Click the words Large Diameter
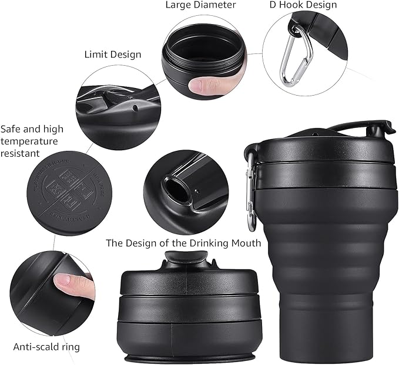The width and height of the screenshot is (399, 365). point(200,5)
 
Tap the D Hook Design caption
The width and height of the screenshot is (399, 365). point(303,5)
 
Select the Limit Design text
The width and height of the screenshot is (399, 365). point(112,55)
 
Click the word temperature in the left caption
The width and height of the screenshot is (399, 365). point(29,141)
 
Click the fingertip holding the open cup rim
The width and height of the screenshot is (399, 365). point(203,86)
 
